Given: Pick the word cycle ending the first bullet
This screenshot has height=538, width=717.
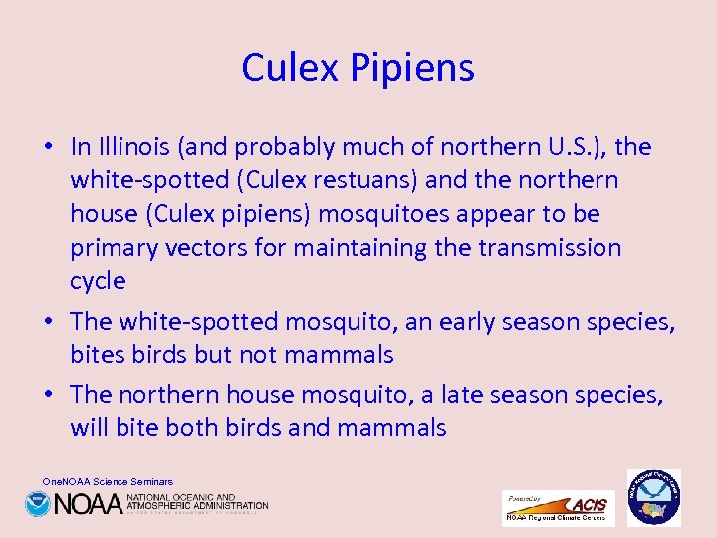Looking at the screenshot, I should point(98,280).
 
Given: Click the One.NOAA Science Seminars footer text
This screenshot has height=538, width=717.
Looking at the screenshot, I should point(108,481).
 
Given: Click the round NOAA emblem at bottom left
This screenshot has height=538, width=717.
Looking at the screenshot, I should point(38,504).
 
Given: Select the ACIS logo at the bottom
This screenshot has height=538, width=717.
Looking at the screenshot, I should point(559,507).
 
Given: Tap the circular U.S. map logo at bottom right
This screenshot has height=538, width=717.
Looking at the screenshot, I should point(654,497).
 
